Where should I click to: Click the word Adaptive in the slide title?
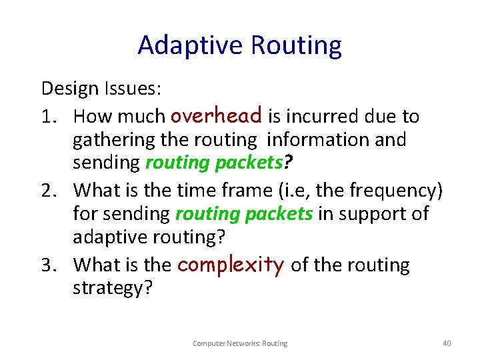click(191, 45)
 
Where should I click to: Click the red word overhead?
click(216, 115)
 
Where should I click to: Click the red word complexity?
click(231, 265)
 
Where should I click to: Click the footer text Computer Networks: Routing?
click(240, 343)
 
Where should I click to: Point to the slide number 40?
click(447, 343)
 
